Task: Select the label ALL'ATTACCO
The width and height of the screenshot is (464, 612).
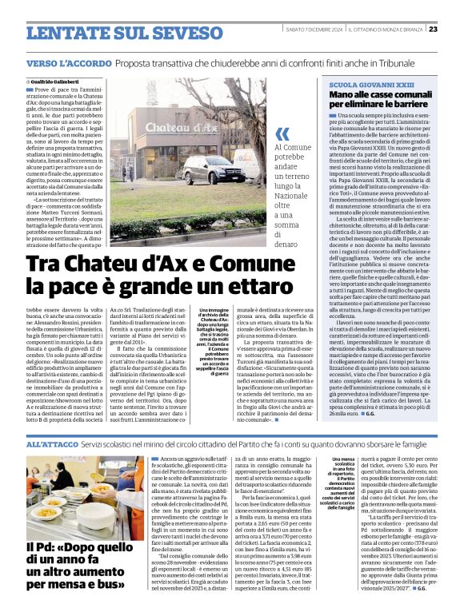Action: pos(51,443)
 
